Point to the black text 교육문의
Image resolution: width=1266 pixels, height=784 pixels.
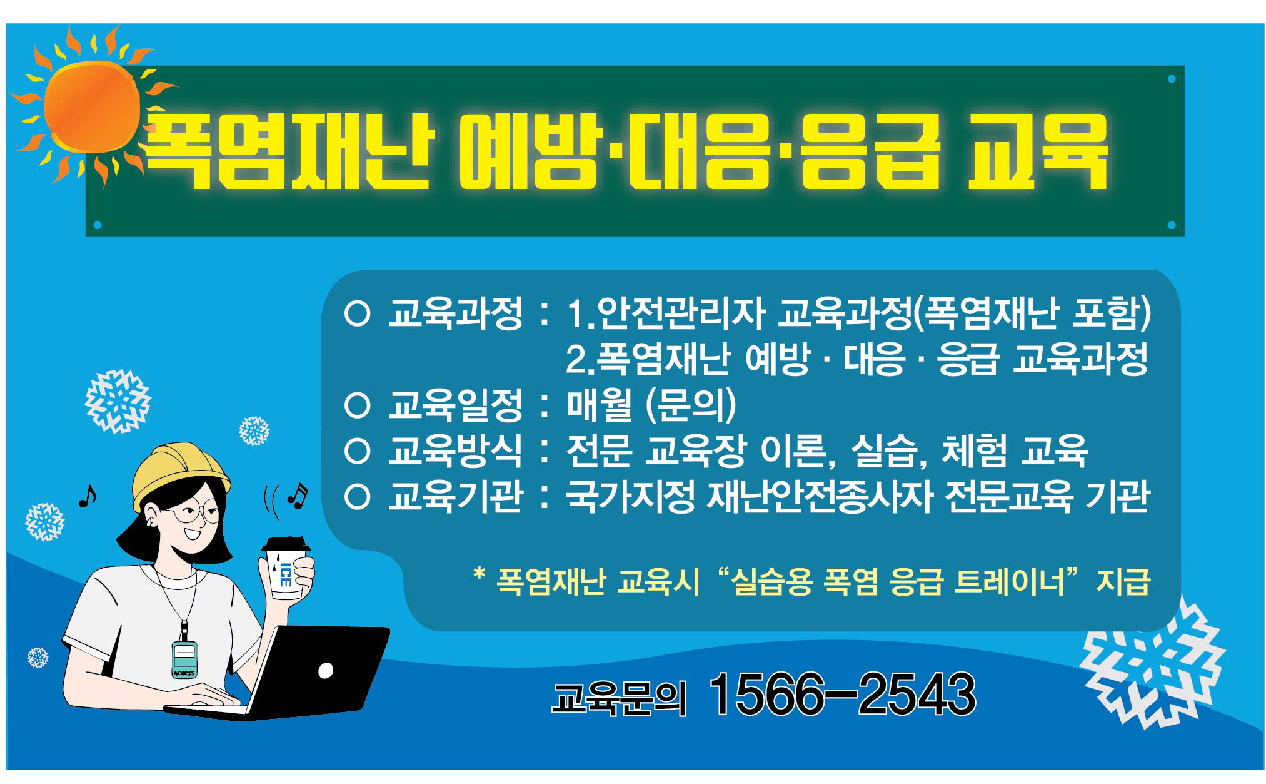point(619,698)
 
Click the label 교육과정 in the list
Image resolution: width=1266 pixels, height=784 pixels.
point(455,313)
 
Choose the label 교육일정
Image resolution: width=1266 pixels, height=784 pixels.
point(455,405)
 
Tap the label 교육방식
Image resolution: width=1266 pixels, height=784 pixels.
point(455,451)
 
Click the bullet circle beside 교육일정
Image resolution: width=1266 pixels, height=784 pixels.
point(358,406)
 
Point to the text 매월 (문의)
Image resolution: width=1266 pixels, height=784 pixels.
point(651,405)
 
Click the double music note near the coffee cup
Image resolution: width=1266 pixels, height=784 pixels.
point(298,495)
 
